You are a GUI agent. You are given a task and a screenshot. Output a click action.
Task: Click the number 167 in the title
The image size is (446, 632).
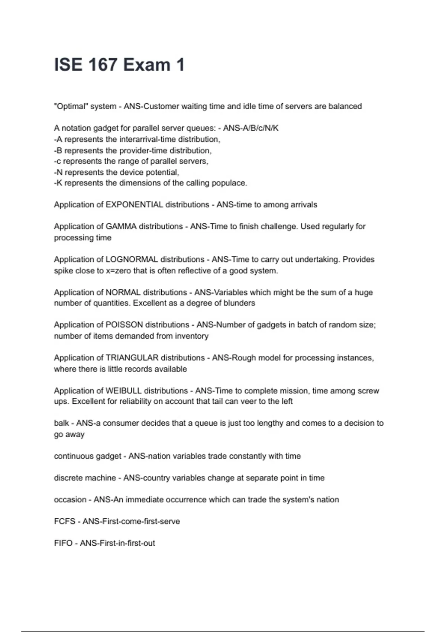tap(103, 65)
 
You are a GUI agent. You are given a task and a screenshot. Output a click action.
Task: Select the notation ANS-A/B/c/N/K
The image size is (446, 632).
tap(251, 128)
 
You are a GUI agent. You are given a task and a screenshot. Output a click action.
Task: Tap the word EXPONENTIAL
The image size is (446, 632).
tap(134, 205)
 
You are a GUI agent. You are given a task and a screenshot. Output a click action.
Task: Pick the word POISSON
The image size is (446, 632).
tap(124, 325)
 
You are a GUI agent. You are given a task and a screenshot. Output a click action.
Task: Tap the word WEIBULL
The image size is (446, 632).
tap(123, 391)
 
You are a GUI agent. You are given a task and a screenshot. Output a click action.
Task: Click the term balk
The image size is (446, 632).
tap(61, 423)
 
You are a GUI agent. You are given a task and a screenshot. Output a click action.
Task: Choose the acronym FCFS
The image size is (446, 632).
tap(65, 522)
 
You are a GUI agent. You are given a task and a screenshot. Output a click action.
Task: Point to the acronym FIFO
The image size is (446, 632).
tap(63, 543)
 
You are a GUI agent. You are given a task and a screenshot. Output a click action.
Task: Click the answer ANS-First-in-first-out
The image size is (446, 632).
tap(117, 543)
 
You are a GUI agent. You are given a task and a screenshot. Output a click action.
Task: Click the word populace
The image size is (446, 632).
tap(229, 183)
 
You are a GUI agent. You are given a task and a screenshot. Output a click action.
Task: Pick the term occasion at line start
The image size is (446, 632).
tap(70, 500)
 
